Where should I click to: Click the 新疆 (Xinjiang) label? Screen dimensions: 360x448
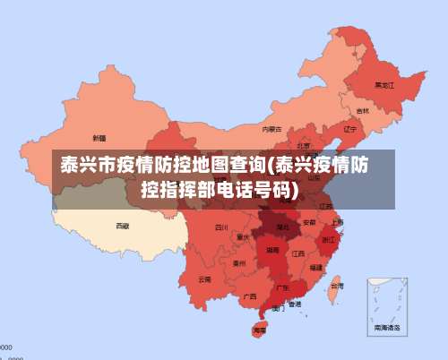coord(99,139)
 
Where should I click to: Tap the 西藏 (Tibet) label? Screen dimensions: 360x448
coord(122,226)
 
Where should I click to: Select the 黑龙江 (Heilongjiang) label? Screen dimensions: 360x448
coord(384,85)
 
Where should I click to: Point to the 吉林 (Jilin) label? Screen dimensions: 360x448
coord(362,111)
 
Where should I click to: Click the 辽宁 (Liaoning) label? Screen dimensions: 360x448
coord(349,128)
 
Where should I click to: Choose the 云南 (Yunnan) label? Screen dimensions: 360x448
coord(205,279)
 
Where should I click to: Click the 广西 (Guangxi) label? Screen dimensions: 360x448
coord(250,296)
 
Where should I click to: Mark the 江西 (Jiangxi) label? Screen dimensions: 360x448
coord(298,253)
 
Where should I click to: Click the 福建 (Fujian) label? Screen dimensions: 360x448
coord(316,267)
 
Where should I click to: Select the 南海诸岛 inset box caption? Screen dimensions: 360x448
coord(387,329)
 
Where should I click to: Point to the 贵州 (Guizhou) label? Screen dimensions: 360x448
coord(239,263)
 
